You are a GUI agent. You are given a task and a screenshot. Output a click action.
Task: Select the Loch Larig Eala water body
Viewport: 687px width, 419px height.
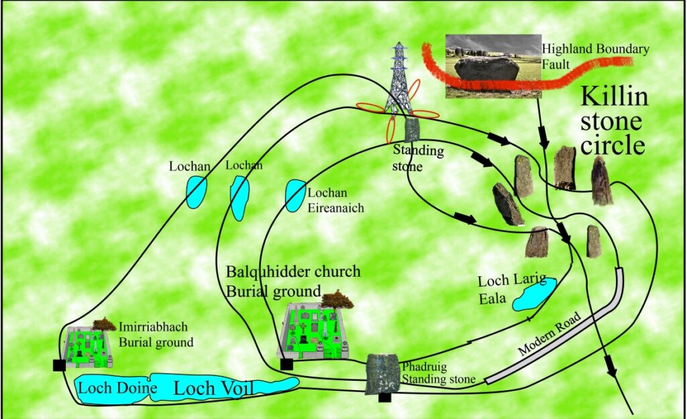(x=535, y=294)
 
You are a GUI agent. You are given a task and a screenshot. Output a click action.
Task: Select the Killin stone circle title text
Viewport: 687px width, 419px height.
(x=613, y=121)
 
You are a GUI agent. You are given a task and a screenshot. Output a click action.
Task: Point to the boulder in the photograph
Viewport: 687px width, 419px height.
(x=486, y=69)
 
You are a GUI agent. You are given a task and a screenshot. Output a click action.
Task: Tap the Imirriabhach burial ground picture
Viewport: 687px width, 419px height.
(x=86, y=347)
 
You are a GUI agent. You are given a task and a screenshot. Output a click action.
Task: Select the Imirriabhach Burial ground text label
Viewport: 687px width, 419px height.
(x=156, y=335)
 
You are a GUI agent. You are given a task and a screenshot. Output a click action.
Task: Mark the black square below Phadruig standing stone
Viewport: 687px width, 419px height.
(x=384, y=398)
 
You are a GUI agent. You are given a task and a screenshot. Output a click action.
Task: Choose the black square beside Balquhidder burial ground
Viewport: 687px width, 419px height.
(x=286, y=364)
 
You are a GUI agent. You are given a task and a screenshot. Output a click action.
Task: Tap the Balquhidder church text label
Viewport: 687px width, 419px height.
(x=293, y=272)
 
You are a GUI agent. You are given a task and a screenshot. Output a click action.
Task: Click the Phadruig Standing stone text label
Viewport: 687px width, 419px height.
(x=438, y=373)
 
